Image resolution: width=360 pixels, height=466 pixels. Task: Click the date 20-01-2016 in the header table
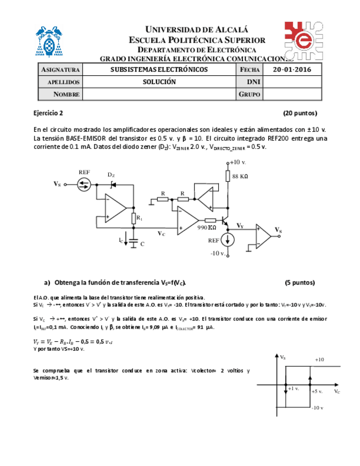[x=292, y=70]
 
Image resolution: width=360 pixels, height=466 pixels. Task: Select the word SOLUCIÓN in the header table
[x=159, y=82]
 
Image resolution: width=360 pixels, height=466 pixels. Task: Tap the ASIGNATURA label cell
[x=60, y=70]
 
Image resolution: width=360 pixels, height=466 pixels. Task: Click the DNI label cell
[x=251, y=82]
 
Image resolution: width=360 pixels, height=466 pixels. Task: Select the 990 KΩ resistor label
[x=207, y=227]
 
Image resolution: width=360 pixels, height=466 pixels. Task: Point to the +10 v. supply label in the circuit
[x=237, y=163]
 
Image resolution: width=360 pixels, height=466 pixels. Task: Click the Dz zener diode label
[x=111, y=175]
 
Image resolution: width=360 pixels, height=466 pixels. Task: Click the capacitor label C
[x=142, y=243]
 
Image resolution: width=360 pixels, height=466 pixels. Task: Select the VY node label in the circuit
[x=240, y=226]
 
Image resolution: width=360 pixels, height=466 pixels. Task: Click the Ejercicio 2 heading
[x=48, y=114]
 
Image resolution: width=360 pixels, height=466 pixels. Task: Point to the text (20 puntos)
[x=300, y=114]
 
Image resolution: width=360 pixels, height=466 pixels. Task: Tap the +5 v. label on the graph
[x=317, y=391]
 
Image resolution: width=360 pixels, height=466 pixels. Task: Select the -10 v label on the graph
[x=318, y=407]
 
